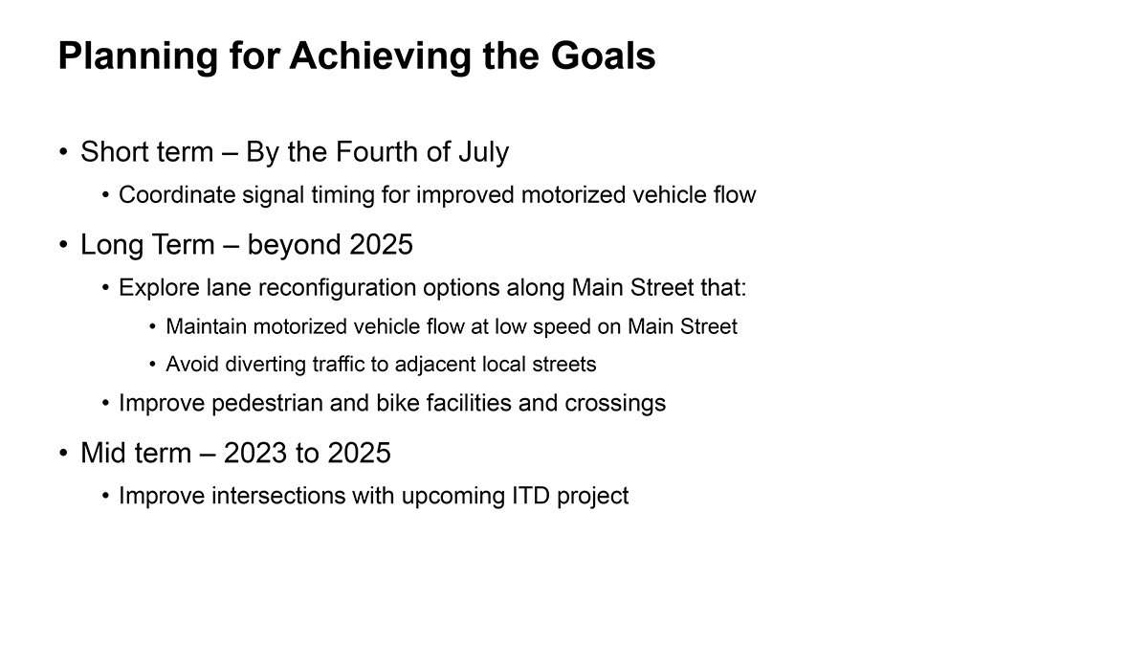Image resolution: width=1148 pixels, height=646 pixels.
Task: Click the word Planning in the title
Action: tap(139, 56)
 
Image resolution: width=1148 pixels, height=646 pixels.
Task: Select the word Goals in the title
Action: tap(604, 56)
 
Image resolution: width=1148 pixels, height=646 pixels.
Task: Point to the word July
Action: tap(484, 153)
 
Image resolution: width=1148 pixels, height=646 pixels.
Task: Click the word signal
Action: tap(274, 196)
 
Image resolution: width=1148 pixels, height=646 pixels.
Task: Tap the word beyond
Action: tap(295, 245)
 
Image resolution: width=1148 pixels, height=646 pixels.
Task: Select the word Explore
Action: tap(160, 288)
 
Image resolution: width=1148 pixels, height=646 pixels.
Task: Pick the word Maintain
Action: tap(206, 326)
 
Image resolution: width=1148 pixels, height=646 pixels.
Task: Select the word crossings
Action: tap(615, 404)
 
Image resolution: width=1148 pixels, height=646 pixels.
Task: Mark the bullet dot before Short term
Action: tap(63, 152)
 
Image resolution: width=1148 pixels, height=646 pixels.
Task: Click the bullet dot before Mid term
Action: tap(63, 454)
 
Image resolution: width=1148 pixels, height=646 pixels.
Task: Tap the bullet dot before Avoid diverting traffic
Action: tap(152, 365)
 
